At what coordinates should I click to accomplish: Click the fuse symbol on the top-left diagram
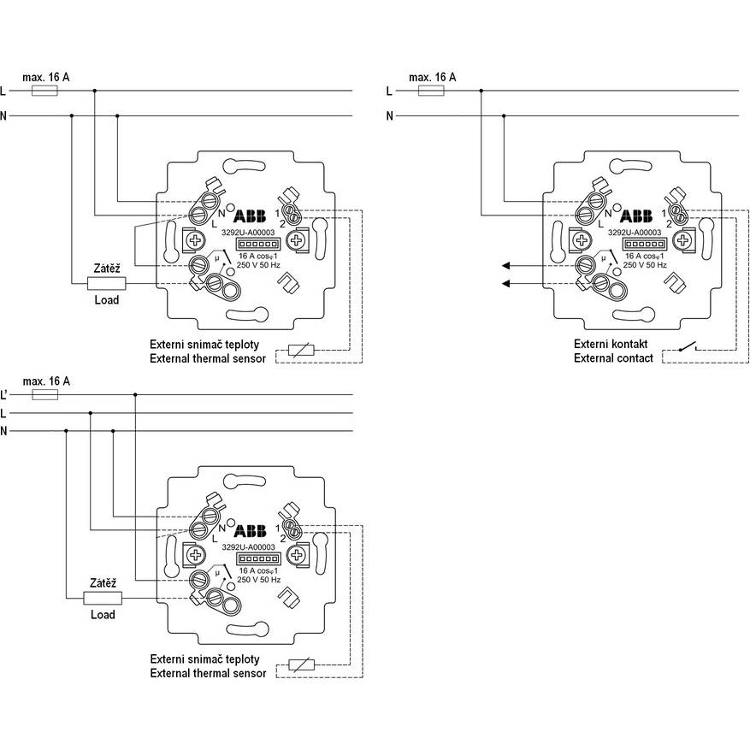44,91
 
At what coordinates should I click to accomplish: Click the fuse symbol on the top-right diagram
431,91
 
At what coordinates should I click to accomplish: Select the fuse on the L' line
45,394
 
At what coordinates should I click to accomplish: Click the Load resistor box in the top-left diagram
107,284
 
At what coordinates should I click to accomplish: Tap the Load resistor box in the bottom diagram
103,598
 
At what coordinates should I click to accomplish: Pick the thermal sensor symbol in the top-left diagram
301,351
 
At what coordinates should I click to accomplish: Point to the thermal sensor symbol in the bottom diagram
302,664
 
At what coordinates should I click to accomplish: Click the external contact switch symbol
688,346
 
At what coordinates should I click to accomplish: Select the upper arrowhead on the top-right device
506,265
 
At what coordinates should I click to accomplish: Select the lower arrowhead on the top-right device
506,284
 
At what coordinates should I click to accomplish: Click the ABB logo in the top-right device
636,216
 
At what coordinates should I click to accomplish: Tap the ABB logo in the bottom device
250,531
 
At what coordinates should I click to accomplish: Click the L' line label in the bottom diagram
4,394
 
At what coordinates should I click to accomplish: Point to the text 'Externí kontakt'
611,344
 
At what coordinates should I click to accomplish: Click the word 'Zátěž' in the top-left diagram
107,269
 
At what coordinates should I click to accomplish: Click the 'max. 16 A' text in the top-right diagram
433,77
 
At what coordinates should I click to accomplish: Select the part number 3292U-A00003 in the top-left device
248,233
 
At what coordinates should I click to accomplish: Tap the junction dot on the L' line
135,394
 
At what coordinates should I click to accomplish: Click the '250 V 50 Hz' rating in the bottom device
259,580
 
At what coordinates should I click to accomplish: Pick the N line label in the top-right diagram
389,115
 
